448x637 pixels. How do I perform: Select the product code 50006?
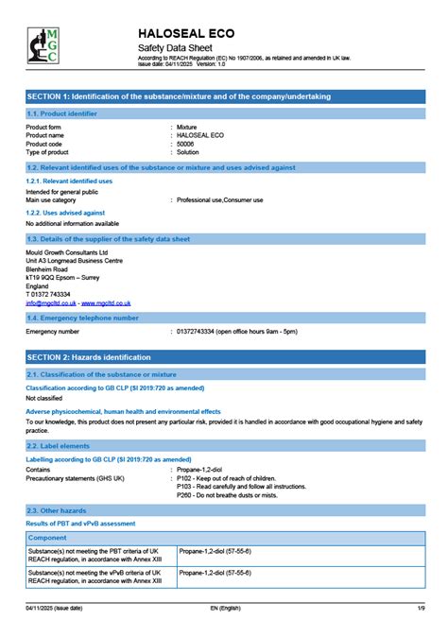[x=186, y=144]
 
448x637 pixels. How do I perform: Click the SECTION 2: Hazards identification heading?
[x=88, y=357]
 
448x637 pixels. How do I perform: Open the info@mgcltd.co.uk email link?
[x=51, y=303]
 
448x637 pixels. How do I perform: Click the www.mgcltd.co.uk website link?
[x=106, y=303]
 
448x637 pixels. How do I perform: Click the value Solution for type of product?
[x=190, y=152]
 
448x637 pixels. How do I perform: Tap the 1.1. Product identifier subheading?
[x=61, y=113]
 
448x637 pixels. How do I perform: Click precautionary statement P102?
[x=227, y=477]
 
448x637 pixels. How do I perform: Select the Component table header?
[x=47, y=537]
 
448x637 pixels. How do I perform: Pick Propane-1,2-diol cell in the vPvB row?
[x=215, y=573]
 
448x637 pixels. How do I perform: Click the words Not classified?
[x=44, y=399]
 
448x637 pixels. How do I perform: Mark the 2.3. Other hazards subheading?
[x=57, y=510]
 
